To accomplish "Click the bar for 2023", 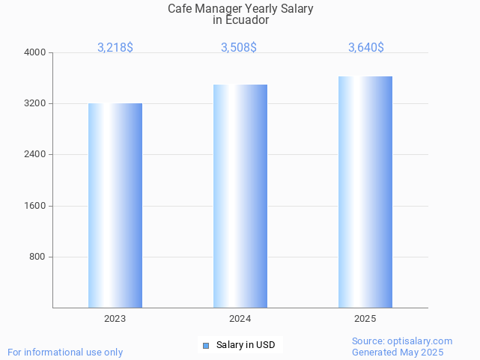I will (x=115, y=205).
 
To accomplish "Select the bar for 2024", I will (x=240, y=196).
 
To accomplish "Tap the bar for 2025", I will (x=365, y=192).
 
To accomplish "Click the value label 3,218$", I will (x=115, y=47).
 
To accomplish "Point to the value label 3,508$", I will (x=239, y=47).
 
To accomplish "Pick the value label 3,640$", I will (x=366, y=47).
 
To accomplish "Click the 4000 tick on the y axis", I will (x=36, y=52).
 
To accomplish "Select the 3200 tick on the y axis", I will (x=36, y=103).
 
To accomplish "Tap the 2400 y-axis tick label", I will (x=36, y=154).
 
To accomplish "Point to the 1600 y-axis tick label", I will (x=36, y=206).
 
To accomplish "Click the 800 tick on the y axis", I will (x=38, y=257).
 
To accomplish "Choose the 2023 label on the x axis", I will (x=115, y=319).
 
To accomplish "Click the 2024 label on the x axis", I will (x=240, y=319).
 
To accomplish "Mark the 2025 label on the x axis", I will (x=365, y=319).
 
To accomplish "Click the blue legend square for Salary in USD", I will (x=206, y=345).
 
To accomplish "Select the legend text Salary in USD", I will (x=246, y=345).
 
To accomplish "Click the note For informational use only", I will (x=65, y=352).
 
